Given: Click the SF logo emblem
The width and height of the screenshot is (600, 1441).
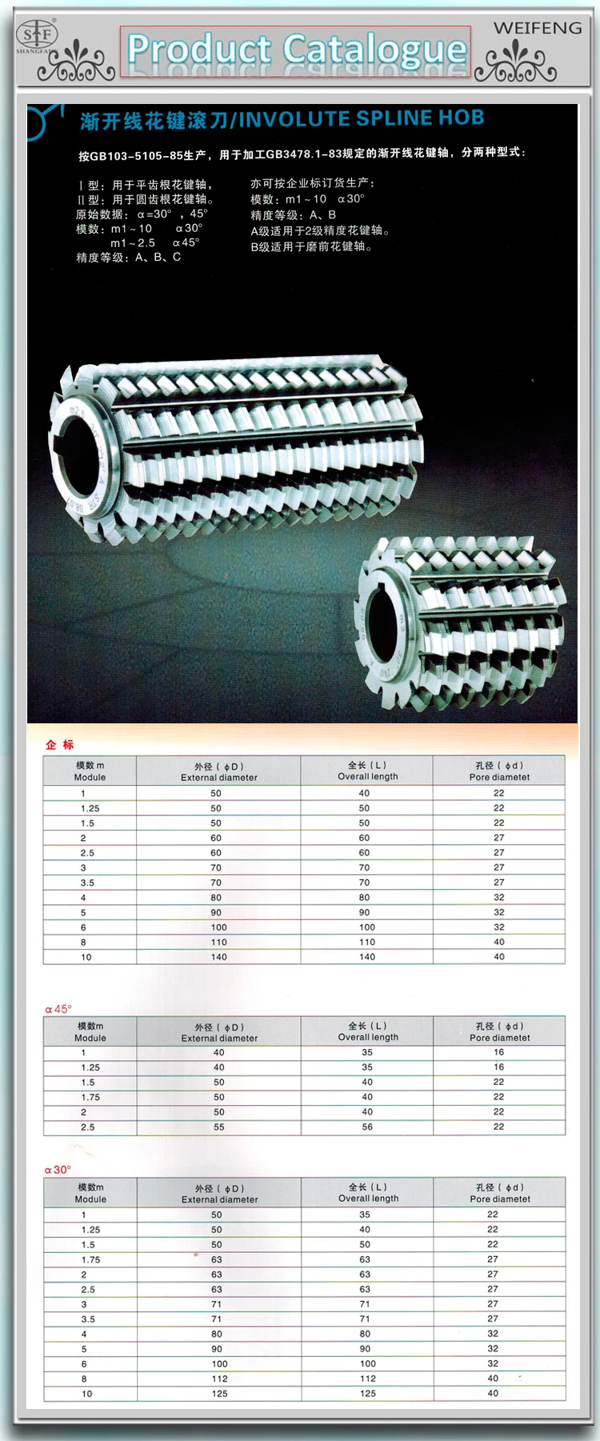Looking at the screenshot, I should click(x=38, y=35).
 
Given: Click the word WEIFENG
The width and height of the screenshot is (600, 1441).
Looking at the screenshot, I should click(x=537, y=28).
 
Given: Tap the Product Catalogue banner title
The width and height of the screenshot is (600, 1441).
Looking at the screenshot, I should click(x=296, y=50).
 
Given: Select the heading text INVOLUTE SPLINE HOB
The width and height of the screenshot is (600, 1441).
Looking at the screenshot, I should click(x=361, y=118).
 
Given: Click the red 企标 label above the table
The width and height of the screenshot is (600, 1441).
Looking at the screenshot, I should click(x=59, y=744).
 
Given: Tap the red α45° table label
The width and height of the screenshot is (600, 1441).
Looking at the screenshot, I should click(x=58, y=1009).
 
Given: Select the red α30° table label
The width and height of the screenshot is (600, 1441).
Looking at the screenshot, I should click(x=58, y=1170).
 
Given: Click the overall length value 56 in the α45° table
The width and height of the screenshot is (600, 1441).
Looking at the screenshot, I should click(x=367, y=1127).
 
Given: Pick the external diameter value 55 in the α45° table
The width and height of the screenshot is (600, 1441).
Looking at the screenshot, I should click(x=218, y=1127).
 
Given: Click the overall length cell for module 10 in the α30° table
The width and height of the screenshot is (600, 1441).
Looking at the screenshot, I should click(x=368, y=1393).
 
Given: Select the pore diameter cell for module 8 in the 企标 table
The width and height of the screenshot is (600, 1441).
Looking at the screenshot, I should click(x=499, y=942).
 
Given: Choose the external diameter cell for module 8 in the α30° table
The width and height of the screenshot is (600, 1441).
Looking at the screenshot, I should click(x=219, y=1379).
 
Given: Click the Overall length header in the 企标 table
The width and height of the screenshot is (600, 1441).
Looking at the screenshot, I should click(x=367, y=771).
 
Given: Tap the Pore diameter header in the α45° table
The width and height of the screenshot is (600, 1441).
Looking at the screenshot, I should click(x=500, y=1032).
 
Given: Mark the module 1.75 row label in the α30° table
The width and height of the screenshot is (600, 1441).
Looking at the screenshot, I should click(x=90, y=1259).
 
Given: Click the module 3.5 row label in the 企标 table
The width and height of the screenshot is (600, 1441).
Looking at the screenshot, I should click(x=87, y=883).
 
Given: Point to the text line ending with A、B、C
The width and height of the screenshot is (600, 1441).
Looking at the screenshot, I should click(x=128, y=257).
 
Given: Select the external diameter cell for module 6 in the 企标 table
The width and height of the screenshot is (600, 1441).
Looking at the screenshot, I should click(x=218, y=927).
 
